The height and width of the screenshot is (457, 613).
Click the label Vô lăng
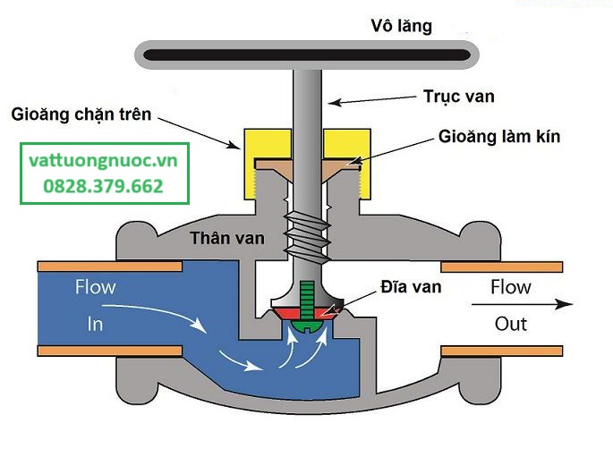402,27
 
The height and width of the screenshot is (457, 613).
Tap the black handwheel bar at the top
307,55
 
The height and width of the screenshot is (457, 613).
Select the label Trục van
459,97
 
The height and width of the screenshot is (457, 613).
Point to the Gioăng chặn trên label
81,114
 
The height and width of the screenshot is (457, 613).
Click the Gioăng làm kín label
499,136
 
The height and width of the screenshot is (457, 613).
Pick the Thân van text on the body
227,238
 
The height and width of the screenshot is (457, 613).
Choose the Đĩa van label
412,287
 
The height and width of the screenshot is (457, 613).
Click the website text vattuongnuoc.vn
103,161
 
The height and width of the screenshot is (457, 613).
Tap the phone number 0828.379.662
103,186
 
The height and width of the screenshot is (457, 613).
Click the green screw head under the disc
307,326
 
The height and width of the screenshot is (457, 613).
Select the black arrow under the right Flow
522,304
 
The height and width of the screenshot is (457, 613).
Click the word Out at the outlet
511,325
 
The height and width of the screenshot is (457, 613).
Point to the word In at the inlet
95,325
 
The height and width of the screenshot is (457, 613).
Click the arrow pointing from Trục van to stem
372,100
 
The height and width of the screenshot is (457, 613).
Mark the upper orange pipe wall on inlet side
110,267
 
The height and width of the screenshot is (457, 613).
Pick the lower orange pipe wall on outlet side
502,351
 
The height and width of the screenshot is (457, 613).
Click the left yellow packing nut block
268,164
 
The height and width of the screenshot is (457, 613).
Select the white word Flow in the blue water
96,287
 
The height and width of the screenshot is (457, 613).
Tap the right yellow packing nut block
347,164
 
